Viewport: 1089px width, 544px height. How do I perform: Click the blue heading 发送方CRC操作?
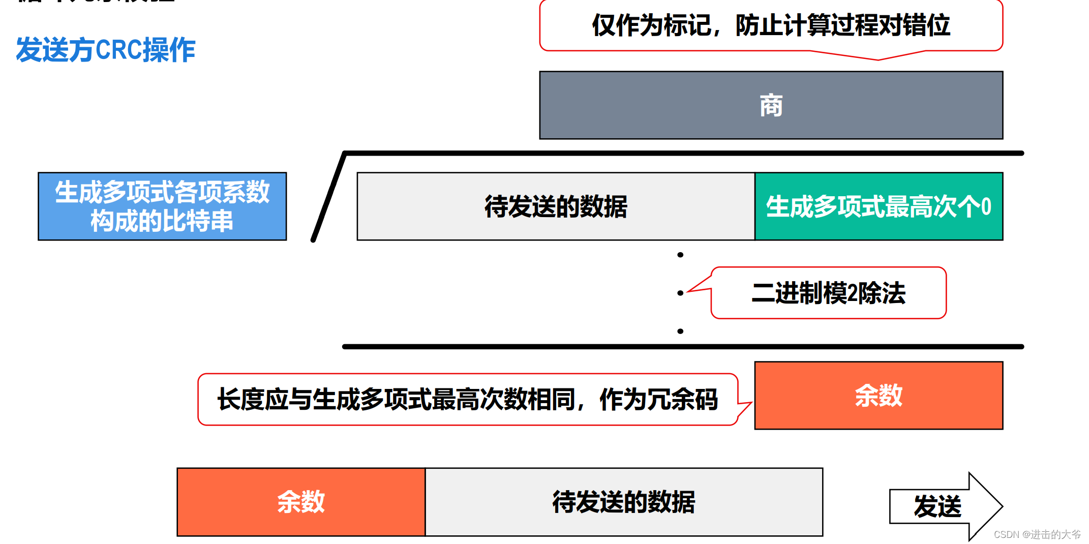point(105,50)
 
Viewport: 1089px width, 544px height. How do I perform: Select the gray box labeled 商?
point(771,105)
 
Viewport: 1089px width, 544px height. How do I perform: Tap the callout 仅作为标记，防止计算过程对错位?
point(771,25)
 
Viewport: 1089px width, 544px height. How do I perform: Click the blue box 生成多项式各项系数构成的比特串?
point(162,206)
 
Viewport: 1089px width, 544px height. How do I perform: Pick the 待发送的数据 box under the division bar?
point(556,206)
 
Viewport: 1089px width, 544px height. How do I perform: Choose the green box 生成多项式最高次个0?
point(879,206)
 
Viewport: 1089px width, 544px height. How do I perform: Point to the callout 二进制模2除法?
point(828,293)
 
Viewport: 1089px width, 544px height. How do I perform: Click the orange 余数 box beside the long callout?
point(879,396)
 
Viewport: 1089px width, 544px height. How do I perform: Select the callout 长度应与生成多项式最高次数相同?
point(467,400)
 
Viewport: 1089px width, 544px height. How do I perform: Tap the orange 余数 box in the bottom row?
point(301,502)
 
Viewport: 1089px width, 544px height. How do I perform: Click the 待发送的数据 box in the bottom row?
point(624,502)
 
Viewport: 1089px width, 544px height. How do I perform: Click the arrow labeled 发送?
point(939,506)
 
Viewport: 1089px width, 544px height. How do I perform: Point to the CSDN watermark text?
point(1037,534)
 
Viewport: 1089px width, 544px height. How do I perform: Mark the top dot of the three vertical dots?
point(680,255)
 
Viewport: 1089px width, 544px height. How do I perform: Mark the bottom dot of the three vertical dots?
point(680,331)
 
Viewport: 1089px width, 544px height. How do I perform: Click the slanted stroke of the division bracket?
point(329,196)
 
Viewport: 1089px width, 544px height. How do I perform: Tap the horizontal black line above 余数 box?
point(683,347)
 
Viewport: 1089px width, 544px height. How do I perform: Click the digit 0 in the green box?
point(986,207)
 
